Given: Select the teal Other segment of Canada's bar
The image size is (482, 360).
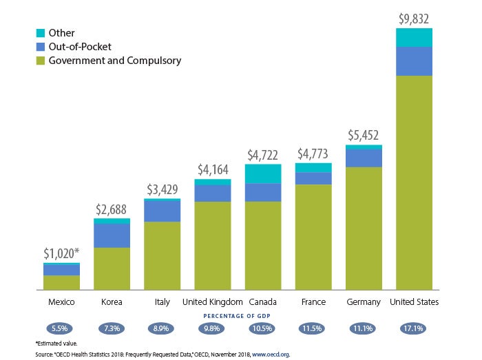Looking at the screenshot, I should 263,173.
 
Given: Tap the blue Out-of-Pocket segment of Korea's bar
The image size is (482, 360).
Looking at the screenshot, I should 112,235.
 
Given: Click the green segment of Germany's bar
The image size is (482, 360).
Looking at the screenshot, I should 364,228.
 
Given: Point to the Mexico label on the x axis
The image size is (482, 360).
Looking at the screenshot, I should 61,302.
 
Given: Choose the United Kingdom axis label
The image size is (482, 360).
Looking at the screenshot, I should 212,302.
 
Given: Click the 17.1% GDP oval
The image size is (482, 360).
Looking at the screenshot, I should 415,328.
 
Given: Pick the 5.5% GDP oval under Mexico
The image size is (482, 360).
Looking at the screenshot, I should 61,328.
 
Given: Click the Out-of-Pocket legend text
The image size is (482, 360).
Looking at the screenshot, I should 80,47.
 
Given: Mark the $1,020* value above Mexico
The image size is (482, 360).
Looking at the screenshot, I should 62,253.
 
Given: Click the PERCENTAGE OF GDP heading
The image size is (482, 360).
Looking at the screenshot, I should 238,315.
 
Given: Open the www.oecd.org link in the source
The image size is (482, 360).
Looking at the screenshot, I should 270,354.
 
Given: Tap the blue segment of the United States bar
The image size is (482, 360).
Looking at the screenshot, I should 415,61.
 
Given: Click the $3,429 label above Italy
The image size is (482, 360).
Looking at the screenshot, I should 162,189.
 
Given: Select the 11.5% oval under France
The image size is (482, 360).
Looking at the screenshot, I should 313,328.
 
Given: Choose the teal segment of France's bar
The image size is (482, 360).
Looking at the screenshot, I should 313,168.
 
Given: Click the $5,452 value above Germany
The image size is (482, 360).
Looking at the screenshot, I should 364,136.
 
